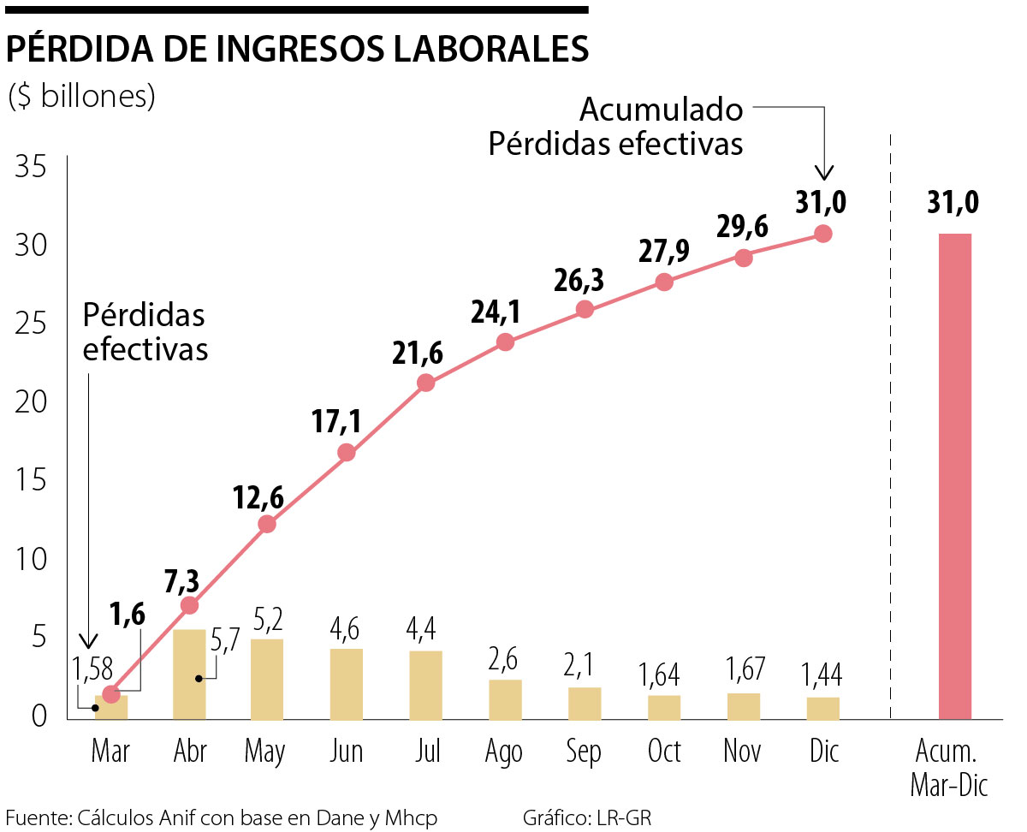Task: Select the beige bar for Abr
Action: [x=189, y=675]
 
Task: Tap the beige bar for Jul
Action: [x=425, y=685]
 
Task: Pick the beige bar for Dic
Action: [x=822, y=708]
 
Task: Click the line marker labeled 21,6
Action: [x=425, y=383]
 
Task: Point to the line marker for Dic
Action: [x=822, y=233]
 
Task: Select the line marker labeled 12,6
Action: [x=267, y=524]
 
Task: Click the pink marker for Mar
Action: [x=111, y=694]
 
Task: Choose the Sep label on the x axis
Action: [x=584, y=752]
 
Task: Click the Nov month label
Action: [x=742, y=752]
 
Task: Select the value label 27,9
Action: [x=664, y=253]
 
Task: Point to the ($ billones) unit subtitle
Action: [x=81, y=96]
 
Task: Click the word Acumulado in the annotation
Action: [x=661, y=110]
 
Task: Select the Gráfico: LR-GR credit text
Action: [x=586, y=818]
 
